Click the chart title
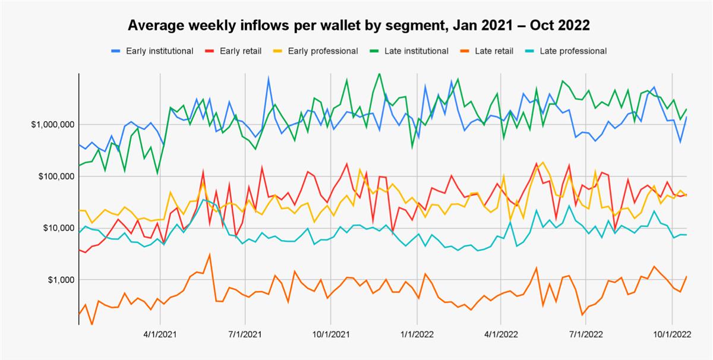358,26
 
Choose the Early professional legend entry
323,51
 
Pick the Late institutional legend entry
416,51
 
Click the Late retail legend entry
494,51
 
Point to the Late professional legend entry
573,51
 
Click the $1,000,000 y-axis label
51,125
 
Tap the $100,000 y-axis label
53,176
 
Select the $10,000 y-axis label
55,228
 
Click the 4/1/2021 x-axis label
160,334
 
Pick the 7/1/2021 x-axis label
245,334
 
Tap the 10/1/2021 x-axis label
330,334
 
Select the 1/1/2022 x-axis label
417,334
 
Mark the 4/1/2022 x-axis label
500,334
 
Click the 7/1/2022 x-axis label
586,334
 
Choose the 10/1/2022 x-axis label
671,334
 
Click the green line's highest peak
380,74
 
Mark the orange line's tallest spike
209,255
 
